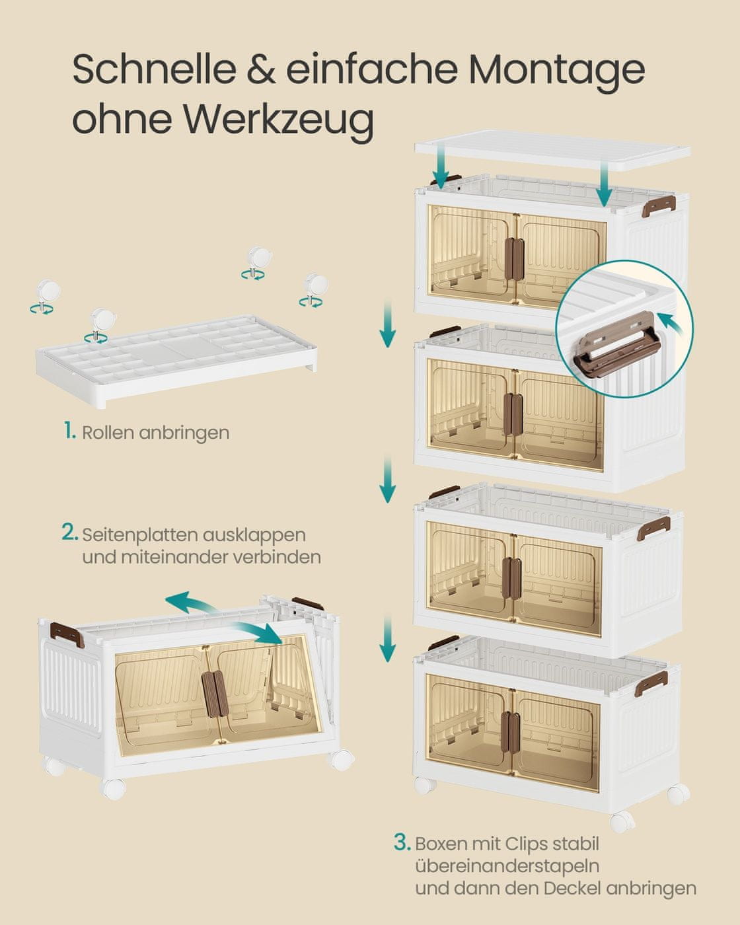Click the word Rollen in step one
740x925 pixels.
pyautogui.click(x=108, y=432)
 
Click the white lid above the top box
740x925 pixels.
pyautogui.click(x=552, y=151)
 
